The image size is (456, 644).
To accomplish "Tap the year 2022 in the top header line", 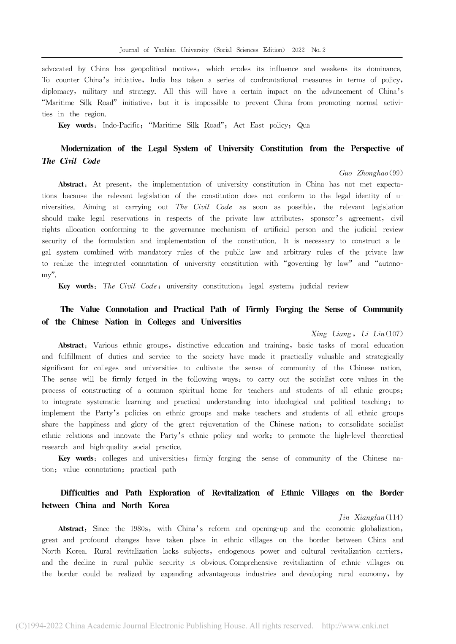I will click(298, 50).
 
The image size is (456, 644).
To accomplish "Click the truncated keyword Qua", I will click(304, 125).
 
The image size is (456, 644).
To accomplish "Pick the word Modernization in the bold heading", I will click(86, 148).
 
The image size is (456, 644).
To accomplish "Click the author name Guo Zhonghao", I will click(364, 173).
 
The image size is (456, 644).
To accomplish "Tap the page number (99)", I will click(396, 173).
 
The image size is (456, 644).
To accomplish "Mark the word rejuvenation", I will click(219, 424).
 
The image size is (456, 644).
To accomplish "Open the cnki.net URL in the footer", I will click(355, 626).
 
